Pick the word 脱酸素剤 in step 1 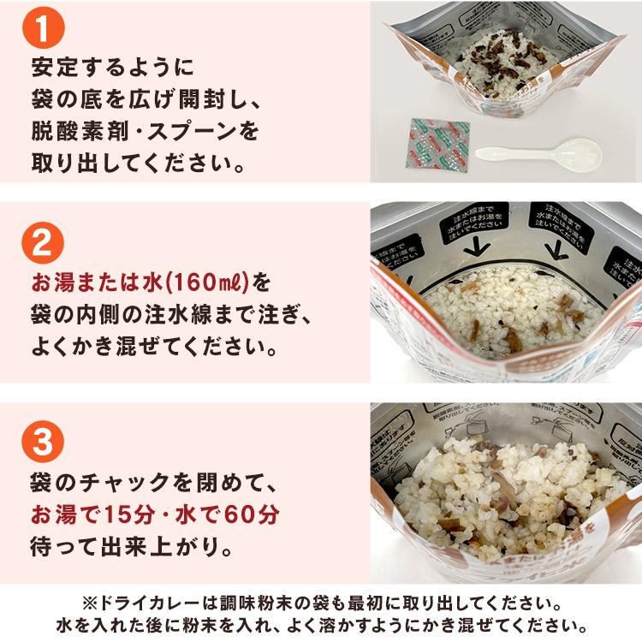pyautogui.click(x=80, y=131)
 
